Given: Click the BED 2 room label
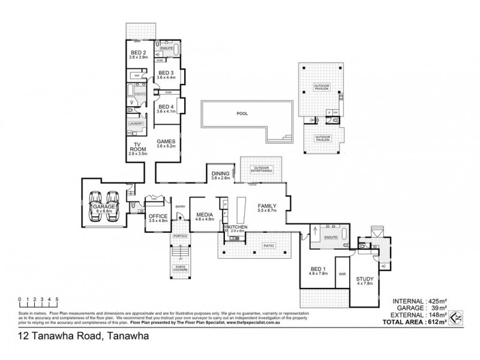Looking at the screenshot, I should pos(139,53).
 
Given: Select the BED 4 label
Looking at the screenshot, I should pos(164,107).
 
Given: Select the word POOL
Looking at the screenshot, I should pos(242,113).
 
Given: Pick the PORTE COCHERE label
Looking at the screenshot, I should pos(180,268).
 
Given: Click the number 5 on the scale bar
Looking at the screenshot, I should pos(56,298).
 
